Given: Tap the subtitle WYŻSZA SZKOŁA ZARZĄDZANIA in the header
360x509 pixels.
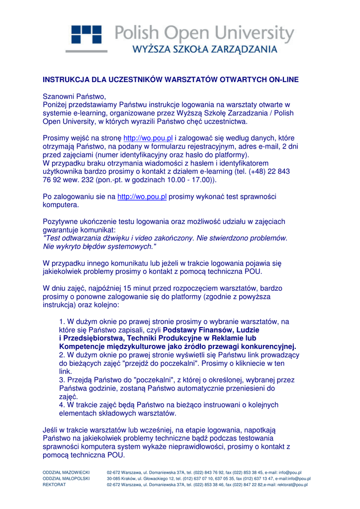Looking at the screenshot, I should click(x=204, y=50).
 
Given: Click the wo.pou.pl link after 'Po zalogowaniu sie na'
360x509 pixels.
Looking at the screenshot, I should click(x=142, y=196).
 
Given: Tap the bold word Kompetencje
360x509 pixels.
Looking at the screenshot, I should click(x=82, y=346).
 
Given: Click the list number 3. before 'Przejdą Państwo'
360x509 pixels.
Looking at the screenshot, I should click(x=62, y=380).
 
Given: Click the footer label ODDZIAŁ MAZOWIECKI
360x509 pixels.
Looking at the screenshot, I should click(x=66, y=472).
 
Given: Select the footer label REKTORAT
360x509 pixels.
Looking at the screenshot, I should click(x=54, y=484).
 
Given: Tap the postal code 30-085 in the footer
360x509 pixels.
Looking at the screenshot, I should click(x=115, y=478).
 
